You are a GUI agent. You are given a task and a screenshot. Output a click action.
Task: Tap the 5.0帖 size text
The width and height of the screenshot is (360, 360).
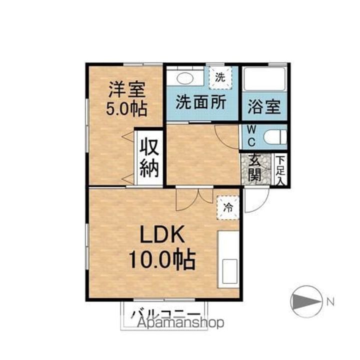(x=126, y=108)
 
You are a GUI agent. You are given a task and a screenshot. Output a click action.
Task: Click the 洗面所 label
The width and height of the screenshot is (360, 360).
(x=200, y=102)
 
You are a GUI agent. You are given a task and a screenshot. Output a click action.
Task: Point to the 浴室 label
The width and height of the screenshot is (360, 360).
(x=264, y=106)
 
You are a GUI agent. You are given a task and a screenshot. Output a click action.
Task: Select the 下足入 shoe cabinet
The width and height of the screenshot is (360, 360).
(x=281, y=170)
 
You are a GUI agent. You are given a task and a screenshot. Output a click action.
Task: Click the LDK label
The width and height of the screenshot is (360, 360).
(x=159, y=235)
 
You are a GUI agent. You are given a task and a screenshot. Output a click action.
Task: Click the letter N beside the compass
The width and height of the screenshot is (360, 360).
(x=330, y=301)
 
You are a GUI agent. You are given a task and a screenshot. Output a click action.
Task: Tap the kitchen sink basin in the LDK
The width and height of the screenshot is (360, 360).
(x=229, y=270)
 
